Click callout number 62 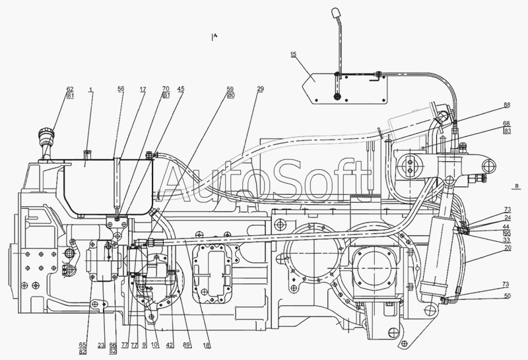pyautogui.click(x=70, y=89)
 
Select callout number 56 pyautogui.click(x=121, y=89)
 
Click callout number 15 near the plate pyautogui.click(x=292, y=55)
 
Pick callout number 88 pyautogui.click(x=506, y=105)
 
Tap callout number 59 pyautogui.click(x=230, y=89)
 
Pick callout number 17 pyautogui.click(x=143, y=89)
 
